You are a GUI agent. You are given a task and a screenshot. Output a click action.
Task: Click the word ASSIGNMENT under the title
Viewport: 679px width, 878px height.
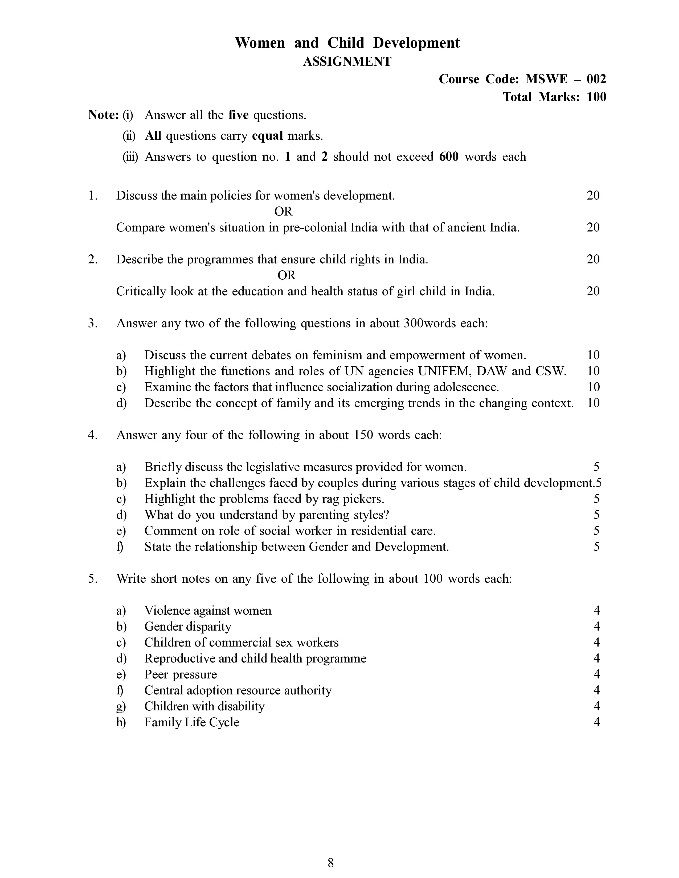coord(347,61)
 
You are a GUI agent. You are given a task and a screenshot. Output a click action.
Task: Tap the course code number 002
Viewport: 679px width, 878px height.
coord(596,79)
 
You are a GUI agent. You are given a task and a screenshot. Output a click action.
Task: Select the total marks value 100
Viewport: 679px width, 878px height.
coord(596,97)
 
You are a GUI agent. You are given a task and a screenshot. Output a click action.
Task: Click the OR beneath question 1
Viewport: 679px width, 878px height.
coord(283,212)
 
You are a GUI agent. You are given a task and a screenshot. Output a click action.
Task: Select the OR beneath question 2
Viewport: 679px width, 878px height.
coord(287,275)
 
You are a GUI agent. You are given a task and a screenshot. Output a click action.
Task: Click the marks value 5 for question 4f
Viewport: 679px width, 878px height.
coord(596,547)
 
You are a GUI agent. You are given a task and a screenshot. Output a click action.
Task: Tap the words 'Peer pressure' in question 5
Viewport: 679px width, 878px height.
coord(181,674)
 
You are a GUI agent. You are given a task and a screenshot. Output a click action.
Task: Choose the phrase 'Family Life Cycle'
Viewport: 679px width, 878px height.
coord(192,722)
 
